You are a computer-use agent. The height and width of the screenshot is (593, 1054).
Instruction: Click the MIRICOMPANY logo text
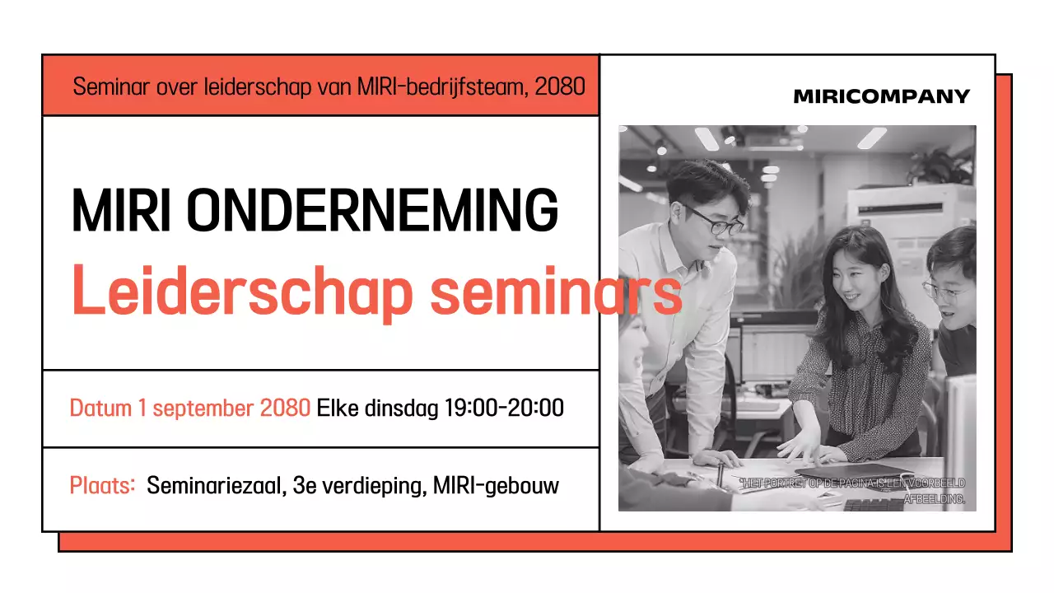pyautogui.click(x=881, y=96)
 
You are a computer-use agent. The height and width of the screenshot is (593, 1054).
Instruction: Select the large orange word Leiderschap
pyautogui.click(x=241, y=292)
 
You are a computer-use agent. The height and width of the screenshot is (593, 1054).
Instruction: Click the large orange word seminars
pyautogui.click(x=553, y=292)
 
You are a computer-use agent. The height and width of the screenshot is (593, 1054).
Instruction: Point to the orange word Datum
pyautogui.click(x=101, y=408)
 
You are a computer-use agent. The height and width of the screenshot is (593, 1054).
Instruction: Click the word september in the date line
pyautogui.click(x=203, y=408)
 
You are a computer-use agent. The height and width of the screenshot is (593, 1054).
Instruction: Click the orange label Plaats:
pyautogui.click(x=102, y=486)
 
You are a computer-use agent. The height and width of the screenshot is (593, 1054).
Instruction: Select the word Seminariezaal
pyautogui.click(x=215, y=486)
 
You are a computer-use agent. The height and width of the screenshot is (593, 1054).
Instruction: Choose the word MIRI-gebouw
pyautogui.click(x=496, y=486)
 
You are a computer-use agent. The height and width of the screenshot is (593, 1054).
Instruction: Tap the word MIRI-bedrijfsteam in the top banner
pyautogui.click(x=442, y=86)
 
